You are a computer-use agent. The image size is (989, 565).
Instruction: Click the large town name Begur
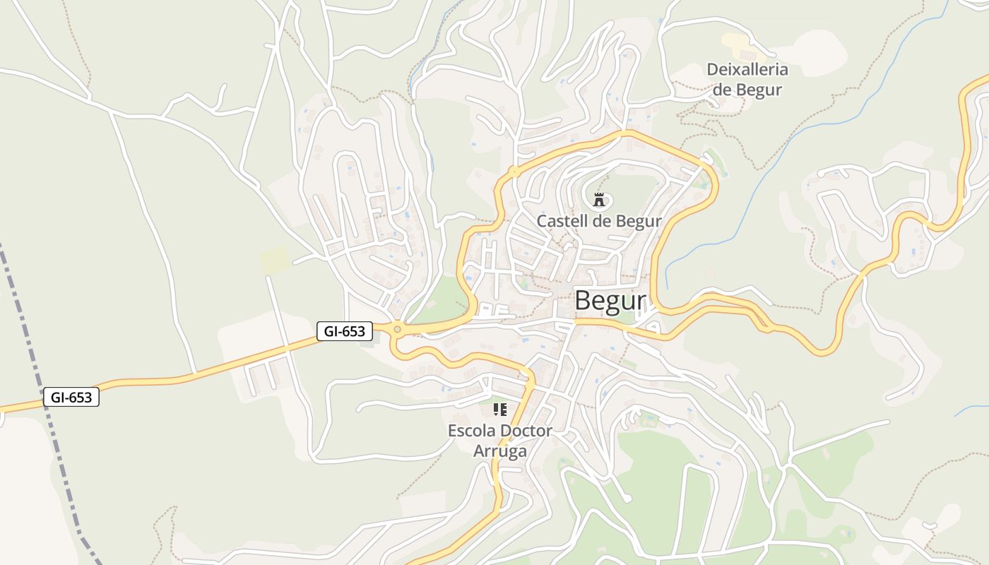tap(610, 301)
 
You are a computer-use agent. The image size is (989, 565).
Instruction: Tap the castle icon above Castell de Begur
tap(600, 200)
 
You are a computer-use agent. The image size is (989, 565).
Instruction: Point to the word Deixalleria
tap(747, 70)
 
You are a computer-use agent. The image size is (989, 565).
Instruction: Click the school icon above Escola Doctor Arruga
tap(500, 410)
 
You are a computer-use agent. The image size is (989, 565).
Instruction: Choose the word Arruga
tap(500, 451)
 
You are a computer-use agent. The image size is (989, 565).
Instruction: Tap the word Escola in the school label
tap(471, 430)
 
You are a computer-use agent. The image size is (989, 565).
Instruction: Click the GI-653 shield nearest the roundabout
tap(345, 331)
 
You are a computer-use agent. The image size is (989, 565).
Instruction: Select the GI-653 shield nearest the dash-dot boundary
tap(71, 398)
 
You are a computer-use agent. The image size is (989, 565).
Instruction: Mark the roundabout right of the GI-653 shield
tap(398, 329)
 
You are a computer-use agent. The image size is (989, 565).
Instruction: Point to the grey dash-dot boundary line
tap(42, 395)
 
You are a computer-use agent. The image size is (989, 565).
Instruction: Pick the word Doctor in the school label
tap(526, 430)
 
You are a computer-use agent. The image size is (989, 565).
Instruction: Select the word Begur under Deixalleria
tap(758, 90)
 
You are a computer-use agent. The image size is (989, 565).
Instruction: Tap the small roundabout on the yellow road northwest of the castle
tap(514, 172)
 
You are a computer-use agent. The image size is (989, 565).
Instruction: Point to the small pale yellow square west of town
tap(276, 259)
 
